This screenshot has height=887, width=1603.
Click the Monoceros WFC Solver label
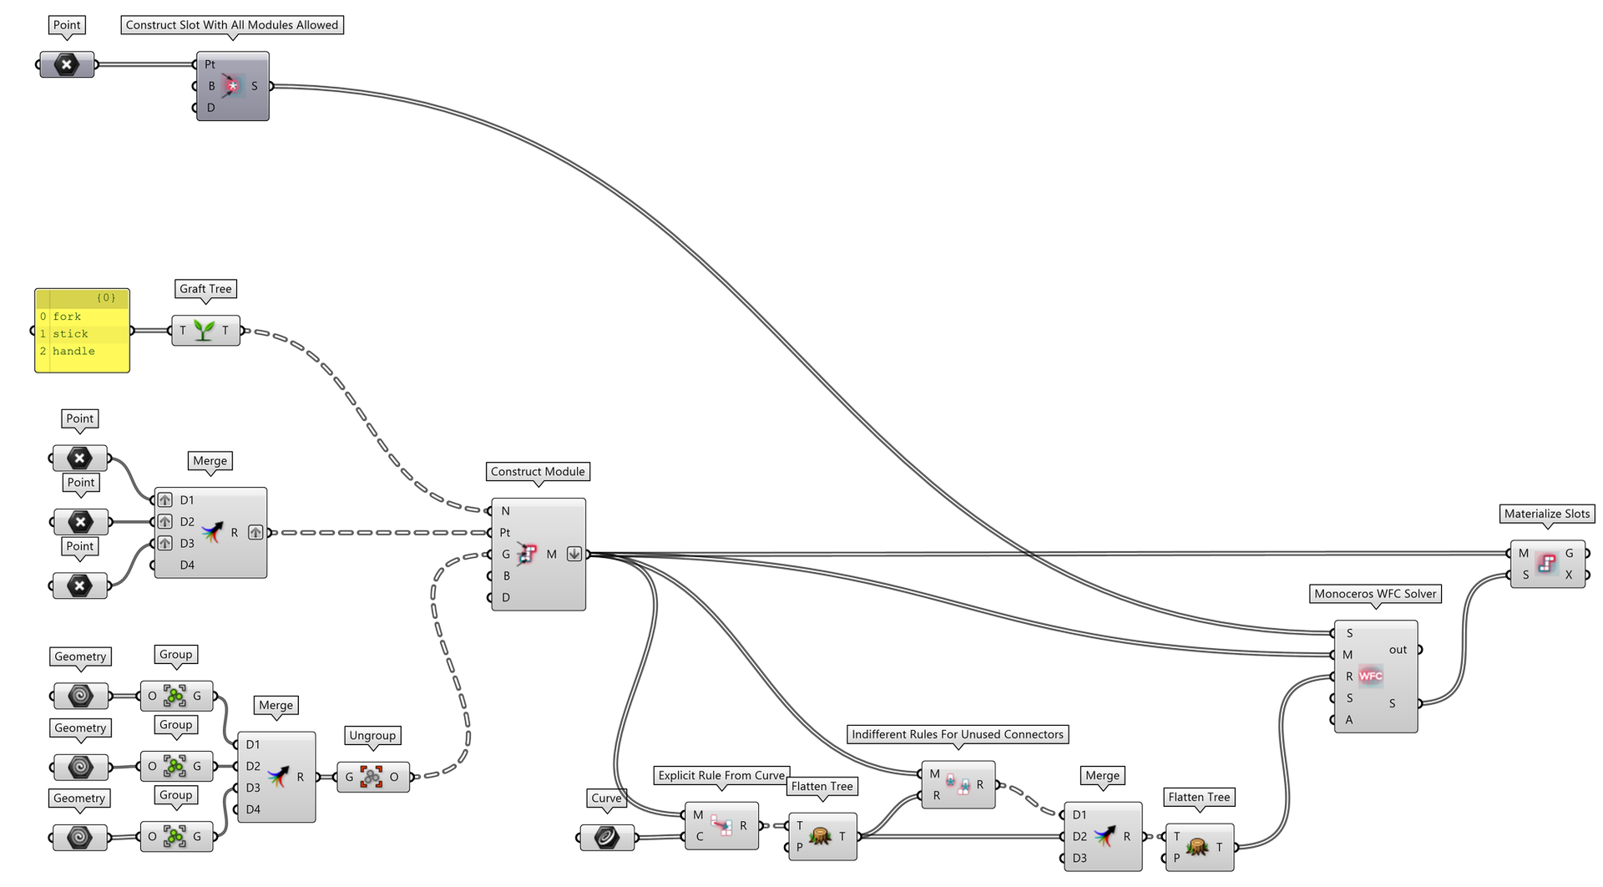click(1375, 594)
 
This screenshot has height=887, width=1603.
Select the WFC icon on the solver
click(1370, 676)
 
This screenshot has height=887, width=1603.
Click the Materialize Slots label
click(1546, 514)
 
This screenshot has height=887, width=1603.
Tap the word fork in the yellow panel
click(67, 317)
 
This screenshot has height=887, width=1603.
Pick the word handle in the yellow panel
click(73, 351)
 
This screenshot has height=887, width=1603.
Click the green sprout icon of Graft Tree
click(204, 330)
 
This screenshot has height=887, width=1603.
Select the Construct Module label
click(537, 471)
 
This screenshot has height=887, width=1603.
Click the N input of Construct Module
click(505, 511)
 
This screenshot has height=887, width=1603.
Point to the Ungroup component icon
click(372, 777)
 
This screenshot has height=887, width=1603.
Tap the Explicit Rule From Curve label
click(721, 775)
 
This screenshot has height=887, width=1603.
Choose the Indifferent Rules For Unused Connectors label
click(957, 734)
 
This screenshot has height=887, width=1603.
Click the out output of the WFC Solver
click(1398, 650)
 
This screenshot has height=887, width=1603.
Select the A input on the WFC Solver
click(1349, 720)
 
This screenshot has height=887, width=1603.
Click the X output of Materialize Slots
click(1569, 575)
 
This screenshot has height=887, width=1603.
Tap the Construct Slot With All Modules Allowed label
click(231, 25)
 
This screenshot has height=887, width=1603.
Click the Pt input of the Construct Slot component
click(210, 64)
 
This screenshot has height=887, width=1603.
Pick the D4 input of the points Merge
click(187, 565)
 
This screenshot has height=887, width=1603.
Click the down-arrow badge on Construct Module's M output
click(574, 554)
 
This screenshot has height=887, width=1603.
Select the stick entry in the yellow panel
click(70, 334)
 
